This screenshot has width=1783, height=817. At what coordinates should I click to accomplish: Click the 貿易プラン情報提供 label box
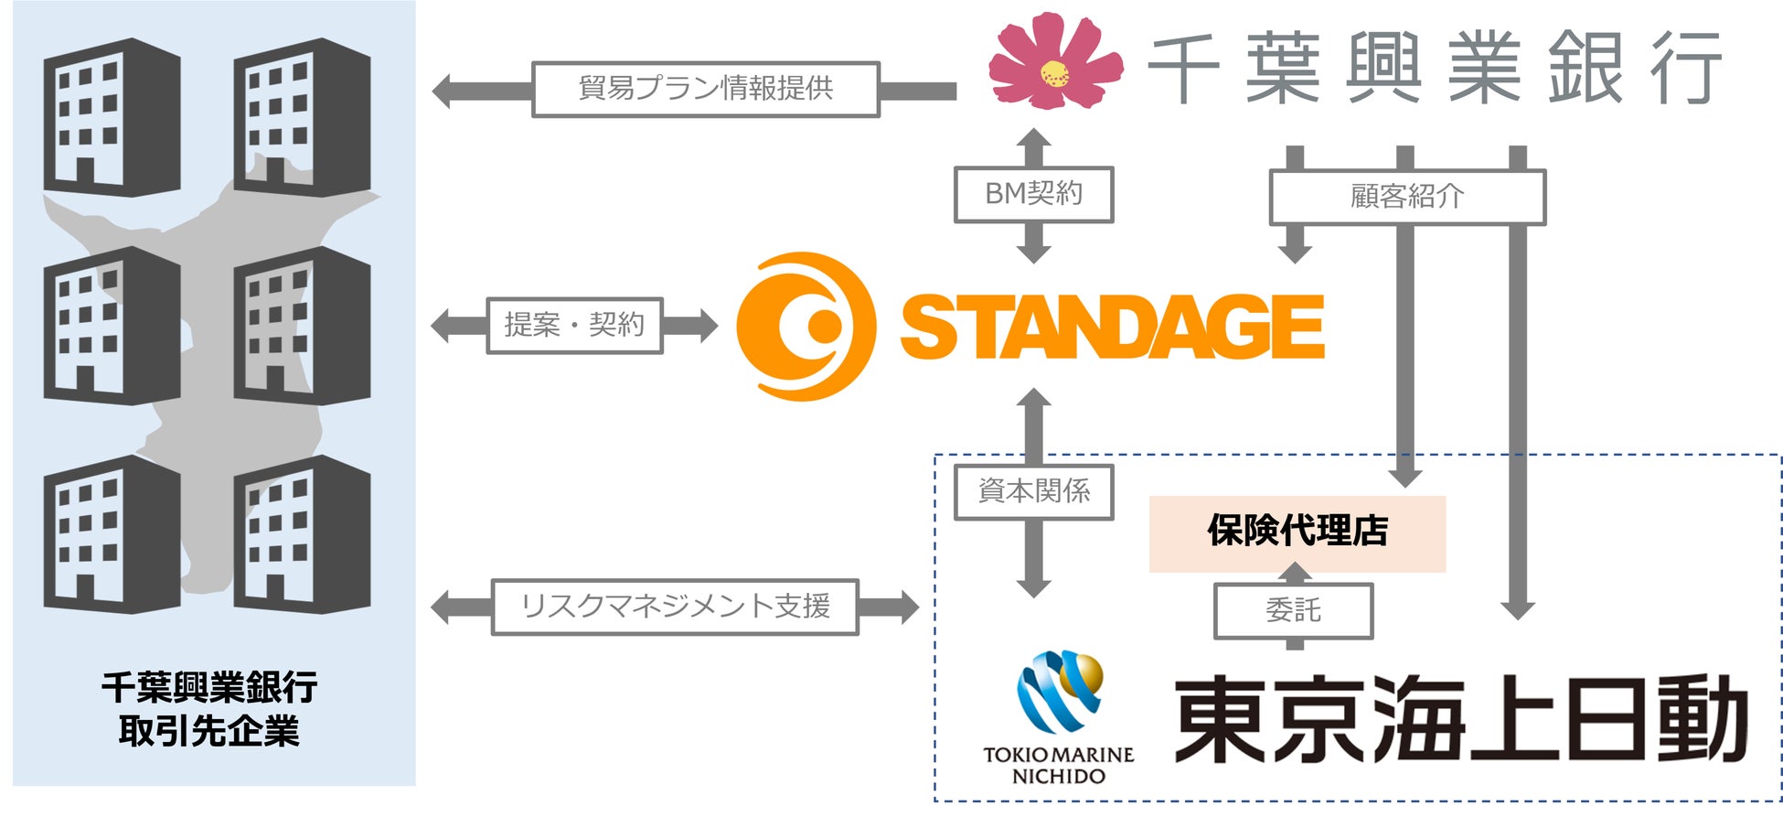click(x=705, y=90)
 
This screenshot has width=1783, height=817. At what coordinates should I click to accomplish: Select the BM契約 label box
click(x=1033, y=194)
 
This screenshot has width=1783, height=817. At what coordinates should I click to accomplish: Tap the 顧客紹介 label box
click(x=1406, y=197)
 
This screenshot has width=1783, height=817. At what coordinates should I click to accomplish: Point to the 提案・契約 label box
click(x=574, y=325)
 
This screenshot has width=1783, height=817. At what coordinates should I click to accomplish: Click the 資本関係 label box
click(x=1033, y=492)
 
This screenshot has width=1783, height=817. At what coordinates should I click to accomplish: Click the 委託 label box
click(x=1293, y=611)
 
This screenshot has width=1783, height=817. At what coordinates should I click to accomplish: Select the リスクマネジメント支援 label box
click(x=675, y=607)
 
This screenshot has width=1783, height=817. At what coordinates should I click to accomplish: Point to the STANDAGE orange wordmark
click(x=1112, y=327)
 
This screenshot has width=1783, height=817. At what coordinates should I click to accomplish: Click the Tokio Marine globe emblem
click(x=1061, y=691)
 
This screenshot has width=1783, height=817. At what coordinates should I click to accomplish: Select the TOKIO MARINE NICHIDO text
click(x=1058, y=765)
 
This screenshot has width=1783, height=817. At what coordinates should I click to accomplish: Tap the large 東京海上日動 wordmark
click(x=1460, y=720)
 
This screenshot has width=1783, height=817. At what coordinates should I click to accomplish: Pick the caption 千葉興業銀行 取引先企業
click(x=209, y=709)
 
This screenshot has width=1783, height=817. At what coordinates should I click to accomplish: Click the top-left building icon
click(x=112, y=116)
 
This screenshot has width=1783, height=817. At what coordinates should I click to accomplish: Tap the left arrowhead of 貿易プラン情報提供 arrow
click(x=443, y=91)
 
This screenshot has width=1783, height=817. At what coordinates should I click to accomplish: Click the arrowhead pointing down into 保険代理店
click(x=1405, y=478)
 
